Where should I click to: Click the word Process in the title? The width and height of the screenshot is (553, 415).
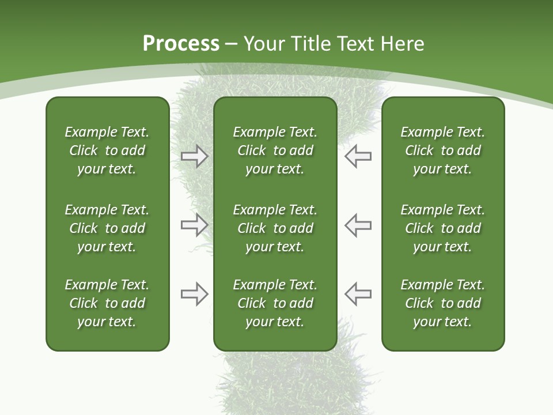coord(181,44)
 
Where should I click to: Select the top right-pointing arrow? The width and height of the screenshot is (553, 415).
coord(194,156)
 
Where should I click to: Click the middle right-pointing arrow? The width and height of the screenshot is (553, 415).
coord(194,225)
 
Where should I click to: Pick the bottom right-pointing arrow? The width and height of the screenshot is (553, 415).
coord(194,294)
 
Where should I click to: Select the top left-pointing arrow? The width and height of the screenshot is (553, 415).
coord(358,156)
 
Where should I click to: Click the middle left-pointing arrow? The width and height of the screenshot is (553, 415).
coord(358,225)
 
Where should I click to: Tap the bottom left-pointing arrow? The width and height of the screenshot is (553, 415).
coord(358,294)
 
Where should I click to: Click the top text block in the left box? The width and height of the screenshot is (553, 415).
coord(107,150)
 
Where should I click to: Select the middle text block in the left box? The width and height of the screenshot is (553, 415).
coord(107,228)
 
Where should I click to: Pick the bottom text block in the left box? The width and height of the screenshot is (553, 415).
coord(107,303)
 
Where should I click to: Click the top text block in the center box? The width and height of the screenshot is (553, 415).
coord(275,150)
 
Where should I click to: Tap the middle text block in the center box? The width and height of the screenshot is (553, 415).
coord(275,228)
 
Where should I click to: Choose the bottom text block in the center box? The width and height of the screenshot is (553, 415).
coord(275,303)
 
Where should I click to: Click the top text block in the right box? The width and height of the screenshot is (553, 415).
coord(442,150)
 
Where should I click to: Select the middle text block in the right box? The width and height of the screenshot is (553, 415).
coord(442,228)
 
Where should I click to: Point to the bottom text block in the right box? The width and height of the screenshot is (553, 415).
coord(442,303)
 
